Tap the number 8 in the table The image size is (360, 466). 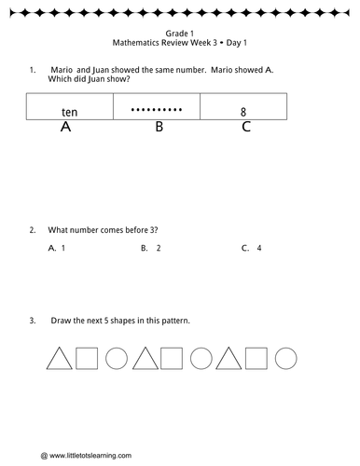[x=243, y=111]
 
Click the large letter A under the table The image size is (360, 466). [x=65, y=128]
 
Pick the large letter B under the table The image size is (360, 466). [x=159, y=128]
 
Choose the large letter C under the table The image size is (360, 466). [x=245, y=128]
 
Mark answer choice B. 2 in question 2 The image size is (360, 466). [x=151, y=249]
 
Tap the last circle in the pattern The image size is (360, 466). [x=285, y=358]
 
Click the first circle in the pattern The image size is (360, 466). [x=117, y=358]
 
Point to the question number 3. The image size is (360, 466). [x=33, y=321]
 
